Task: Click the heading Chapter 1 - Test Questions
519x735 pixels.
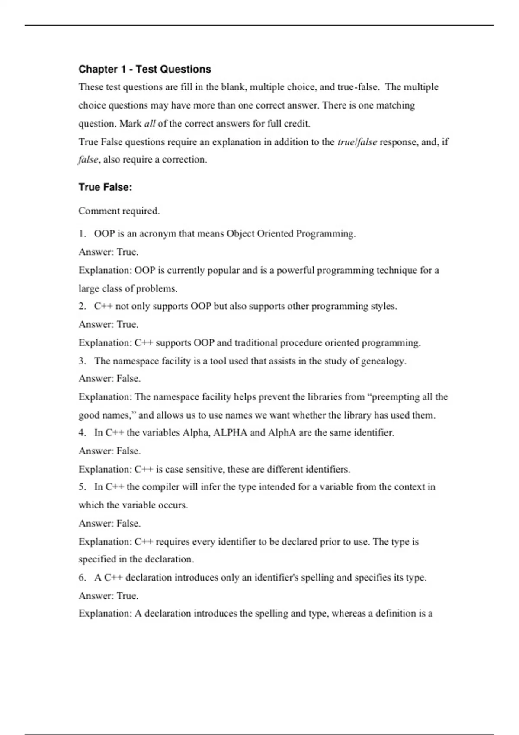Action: coord(144,69)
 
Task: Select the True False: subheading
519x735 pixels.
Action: coord(105,187)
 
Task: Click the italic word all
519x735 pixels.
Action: coord(150,124)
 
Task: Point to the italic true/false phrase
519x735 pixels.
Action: coord(357,142)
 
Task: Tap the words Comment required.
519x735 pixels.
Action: coord(119,211)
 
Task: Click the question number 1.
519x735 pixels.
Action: coord(82,234)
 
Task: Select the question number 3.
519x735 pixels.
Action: coord(82,361)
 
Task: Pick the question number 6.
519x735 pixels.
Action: coord(82,578)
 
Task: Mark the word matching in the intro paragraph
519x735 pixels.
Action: coord(395,105)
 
